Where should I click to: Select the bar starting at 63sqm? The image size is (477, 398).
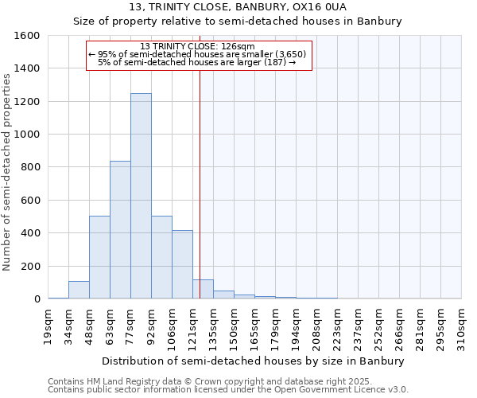[120, 230]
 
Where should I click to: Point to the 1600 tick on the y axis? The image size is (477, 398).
[28, 36]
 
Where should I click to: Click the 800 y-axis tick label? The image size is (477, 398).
[31, 167]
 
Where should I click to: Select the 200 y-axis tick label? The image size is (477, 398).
[31, 266]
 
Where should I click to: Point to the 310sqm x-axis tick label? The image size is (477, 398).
[463, 326]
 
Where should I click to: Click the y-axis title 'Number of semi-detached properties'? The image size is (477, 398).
[8, 171]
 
